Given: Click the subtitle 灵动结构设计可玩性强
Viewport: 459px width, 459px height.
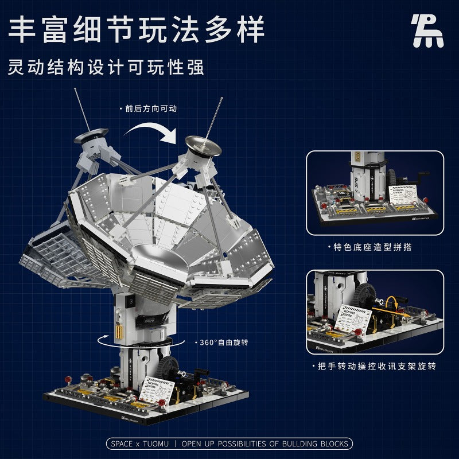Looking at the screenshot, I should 106,67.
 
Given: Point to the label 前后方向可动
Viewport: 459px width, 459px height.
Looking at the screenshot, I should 143,108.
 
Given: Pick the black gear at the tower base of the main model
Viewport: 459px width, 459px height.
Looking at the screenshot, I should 171,367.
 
